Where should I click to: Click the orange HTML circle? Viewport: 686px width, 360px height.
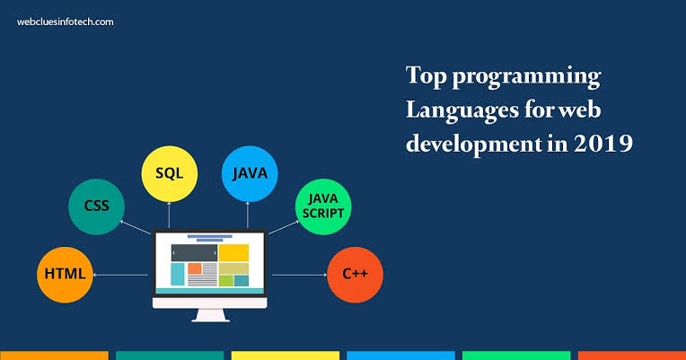65,275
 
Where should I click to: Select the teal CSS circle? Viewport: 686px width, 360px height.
96,206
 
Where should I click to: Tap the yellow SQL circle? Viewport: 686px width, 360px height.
170,173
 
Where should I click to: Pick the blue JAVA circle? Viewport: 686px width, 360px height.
250,173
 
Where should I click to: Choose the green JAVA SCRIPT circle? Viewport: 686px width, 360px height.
323,206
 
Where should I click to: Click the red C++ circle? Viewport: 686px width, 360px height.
355,275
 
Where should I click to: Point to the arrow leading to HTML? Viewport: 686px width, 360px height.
120,275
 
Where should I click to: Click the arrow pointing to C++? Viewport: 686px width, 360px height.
300,275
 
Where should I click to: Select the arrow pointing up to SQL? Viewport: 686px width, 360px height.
169,215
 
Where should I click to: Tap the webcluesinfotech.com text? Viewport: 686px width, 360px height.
66,22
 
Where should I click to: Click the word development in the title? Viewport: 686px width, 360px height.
474,145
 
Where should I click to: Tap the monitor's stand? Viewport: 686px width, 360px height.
210,316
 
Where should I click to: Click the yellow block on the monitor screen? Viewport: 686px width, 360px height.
233,253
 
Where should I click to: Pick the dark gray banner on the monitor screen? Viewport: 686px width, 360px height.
194,253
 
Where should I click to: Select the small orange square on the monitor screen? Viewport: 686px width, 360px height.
195,268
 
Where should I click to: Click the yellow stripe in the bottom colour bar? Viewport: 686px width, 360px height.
286,356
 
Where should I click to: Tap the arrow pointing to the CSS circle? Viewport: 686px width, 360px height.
136,227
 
